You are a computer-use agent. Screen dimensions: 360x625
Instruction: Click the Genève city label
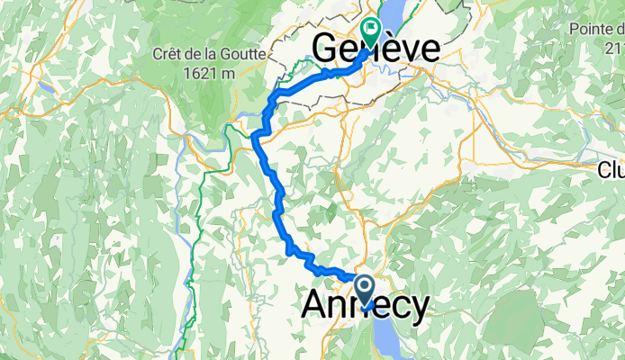[x=376, y=49]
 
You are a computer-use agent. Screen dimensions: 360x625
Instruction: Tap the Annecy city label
[x=364, y=306]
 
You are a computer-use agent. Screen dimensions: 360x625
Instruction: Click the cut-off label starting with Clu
[x=611, y=169]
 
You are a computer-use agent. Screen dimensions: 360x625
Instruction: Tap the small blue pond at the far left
[x=43, y=87]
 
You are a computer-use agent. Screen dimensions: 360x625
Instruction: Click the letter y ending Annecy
[x=419, y=308]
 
